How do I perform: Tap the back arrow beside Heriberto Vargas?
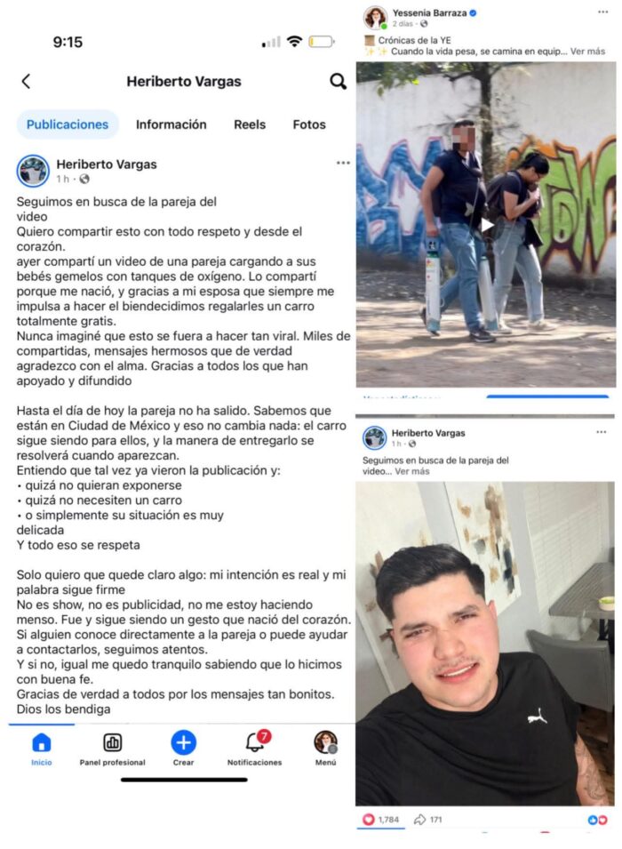point(26,82)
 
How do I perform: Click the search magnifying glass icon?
point(338,82)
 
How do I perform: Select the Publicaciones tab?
point(68,124)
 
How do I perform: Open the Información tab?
point(171,124)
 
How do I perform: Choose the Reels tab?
point(250,124)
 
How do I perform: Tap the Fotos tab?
point(309,124)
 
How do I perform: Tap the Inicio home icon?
point(42,743)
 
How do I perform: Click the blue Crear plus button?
point(183,742)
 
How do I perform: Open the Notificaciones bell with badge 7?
point(254,742)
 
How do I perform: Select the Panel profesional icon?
point(113,743)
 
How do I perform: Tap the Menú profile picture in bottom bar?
point(325,742)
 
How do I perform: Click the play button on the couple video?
point(487,225)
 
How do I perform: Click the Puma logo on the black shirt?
point(537,715)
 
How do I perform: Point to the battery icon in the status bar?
point(321,42)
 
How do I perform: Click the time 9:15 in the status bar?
point(68,42)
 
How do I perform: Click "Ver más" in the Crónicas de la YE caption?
point(589,52)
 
